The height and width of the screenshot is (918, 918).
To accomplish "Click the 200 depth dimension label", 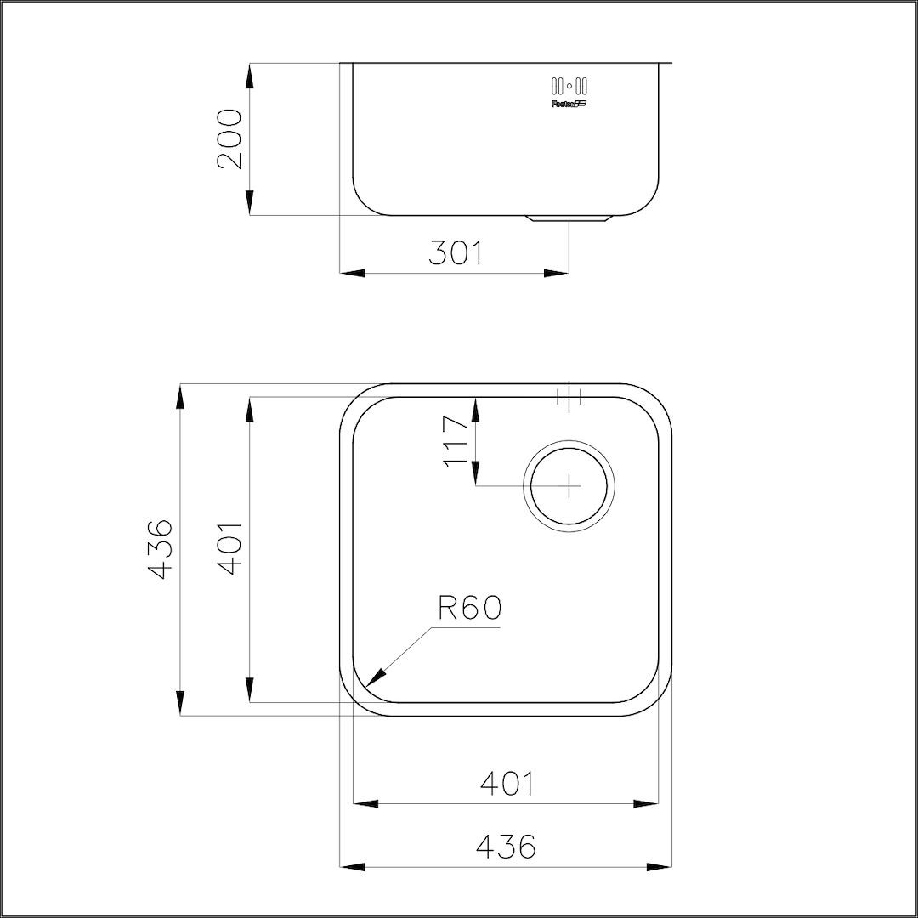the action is (229, 139).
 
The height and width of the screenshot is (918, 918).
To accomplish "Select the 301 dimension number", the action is (456, 253).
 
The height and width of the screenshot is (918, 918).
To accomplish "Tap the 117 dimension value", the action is (456, 441).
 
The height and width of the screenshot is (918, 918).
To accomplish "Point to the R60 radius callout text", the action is (470, 608).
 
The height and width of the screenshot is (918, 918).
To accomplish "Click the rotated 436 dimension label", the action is (160, 549).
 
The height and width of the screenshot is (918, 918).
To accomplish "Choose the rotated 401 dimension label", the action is (229, 549).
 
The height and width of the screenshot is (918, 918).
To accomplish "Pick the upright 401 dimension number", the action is (507, 784).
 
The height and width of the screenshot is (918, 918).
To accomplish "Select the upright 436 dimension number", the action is (507, 846).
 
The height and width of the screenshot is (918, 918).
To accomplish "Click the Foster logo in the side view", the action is (569, 105).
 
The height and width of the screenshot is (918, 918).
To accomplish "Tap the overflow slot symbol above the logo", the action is (569, 86).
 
